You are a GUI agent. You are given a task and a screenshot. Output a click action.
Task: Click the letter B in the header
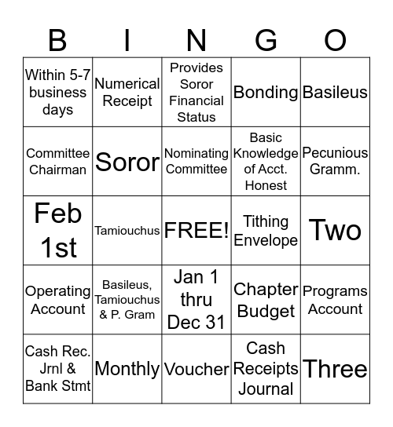click(x=57, y=39)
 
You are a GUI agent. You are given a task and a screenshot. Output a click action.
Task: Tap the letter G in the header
click(x=266, y=39)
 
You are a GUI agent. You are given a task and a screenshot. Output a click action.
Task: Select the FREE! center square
click(x=196, y=231)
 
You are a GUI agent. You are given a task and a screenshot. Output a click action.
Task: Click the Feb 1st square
click(x=57, y=231)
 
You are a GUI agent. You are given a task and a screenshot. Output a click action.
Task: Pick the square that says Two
click(x=335, y=231)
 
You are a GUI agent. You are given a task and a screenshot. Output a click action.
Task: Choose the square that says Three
click(x=335, y=368)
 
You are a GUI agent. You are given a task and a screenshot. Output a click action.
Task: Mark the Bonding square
click(x=266, y=93)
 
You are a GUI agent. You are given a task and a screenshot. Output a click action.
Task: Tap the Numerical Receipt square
click(x=127, y=93)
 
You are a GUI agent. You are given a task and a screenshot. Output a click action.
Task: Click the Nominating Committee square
click(x=196, y=161)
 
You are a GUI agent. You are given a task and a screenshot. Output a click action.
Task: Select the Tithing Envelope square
click(x=266, y=231)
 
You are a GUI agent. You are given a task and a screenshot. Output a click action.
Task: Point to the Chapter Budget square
click(x=266, y=300)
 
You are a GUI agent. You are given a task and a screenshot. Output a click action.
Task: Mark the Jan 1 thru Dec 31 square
click(x=196, y=300)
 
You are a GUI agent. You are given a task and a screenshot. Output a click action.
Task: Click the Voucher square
click(x=196, y=368)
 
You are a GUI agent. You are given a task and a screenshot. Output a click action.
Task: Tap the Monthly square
click(x=127, y=368)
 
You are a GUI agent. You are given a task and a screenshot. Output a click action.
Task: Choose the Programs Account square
click(x=335, y=300)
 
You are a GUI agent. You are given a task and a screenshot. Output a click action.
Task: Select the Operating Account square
click(x=57, y=300)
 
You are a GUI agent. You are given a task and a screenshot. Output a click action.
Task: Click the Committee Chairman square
click(x=57, y=161)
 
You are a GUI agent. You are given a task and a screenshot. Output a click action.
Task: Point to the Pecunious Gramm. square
click(x=335, y=161)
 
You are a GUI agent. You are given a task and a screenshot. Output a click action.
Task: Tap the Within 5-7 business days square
click(x=57, y=93)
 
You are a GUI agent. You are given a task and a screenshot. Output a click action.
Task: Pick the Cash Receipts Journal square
click(x=266, y=368)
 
